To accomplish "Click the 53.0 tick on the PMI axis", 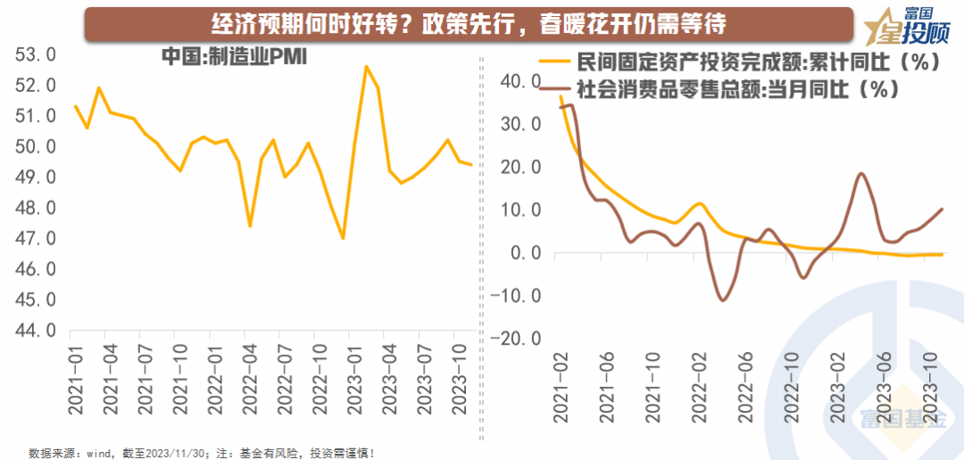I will pos(36,55).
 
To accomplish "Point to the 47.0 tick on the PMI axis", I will pos(36,238).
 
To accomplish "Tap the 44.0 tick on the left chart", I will pos(36,330).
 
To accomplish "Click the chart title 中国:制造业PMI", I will pos(234,56).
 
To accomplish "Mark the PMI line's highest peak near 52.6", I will pos(366,66).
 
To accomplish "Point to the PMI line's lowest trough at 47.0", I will pos(343,238).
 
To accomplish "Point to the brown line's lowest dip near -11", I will pos(723,300).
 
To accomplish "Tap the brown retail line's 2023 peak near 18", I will pos(860,174).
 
